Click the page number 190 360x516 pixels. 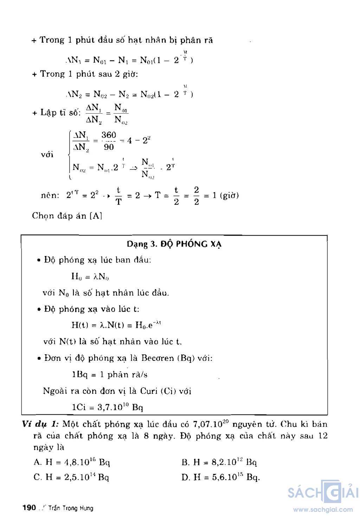pyautogui.click(x=29, y=508)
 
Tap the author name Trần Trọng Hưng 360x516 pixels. pyautogui.click(x=71, y=508)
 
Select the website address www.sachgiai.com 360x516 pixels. pyautogui.click(x=323, y=509)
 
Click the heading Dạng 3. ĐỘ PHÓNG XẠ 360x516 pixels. pyautogui.click(x=174, y=244)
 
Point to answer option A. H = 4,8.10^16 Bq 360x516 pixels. pyautogui.click(x=72, y=462)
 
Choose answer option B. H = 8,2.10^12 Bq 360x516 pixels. pyautogui.click(x=219, y=462)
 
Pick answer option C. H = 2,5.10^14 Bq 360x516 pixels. pyautogui.click(x=71, y=477)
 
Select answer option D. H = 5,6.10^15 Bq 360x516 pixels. pyautogui.click(x=221, y=477)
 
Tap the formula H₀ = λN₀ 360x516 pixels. pyautogui.click(x=90, y=276)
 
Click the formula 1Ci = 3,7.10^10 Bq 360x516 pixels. pyautogui.click(x=107, y=407)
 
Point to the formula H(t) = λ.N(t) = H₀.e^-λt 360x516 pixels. pyautogui.click(x=116, y=325)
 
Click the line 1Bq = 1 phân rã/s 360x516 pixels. pyautogui.click(x=109, y=375)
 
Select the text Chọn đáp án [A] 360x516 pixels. pyautogui.click(x=67, y=216)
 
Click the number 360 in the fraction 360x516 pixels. pyautogui.click(x=109, y=135)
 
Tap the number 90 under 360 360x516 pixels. pyautogui.click(x=109, y=147)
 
